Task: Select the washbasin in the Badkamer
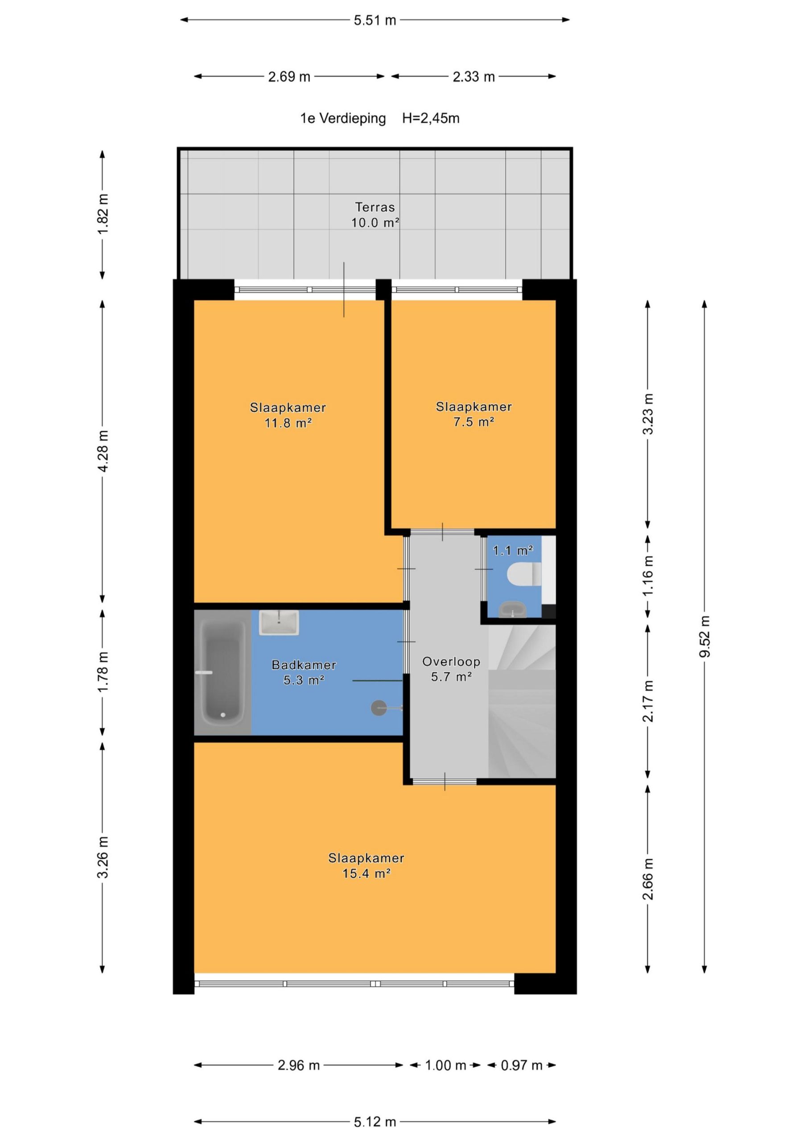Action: point(279,622)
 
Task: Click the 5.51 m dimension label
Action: point(375,21)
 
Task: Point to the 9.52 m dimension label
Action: point(704,636)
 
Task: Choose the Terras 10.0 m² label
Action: point(375,215)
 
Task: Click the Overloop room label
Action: point(451,662)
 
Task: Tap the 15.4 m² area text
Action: point(366,873)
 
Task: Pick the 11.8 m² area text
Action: point(288,423)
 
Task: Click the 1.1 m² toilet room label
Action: point(513,550)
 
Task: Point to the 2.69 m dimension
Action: point(289,77)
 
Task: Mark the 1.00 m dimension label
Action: point(445,1065)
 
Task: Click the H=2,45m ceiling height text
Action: point(431,118)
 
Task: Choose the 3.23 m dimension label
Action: point(648,414)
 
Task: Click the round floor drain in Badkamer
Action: point(379,708)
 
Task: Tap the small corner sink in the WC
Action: point(512,609)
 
